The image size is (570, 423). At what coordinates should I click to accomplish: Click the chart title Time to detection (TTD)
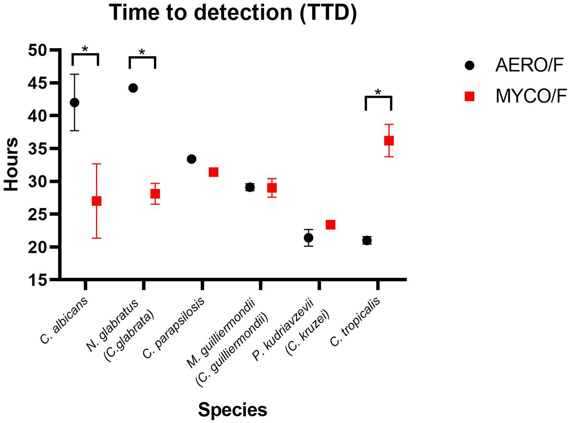click(233, 13)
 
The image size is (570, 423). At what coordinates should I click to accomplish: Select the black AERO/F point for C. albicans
click(75, 103)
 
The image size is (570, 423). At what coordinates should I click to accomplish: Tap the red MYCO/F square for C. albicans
click(96, 201)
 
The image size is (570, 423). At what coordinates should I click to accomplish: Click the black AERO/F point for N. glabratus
click(133, 88)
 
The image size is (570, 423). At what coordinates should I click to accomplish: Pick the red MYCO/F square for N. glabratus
click(155, 194)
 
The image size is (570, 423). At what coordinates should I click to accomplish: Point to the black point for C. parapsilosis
click(191, 159)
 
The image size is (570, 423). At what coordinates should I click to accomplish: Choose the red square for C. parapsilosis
click(213, 172)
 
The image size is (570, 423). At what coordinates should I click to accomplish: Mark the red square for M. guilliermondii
click(272, 188)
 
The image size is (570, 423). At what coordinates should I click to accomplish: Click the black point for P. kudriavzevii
click(309, 238)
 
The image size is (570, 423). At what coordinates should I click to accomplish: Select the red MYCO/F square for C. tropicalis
click(389, 140)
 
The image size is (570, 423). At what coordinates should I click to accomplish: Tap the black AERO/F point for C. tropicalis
click(367, 240)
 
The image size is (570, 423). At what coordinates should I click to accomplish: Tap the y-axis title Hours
click(12, 164)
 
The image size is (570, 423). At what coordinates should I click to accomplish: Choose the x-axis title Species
click(232, 409)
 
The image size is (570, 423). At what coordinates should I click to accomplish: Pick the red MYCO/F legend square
click(470, 96)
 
